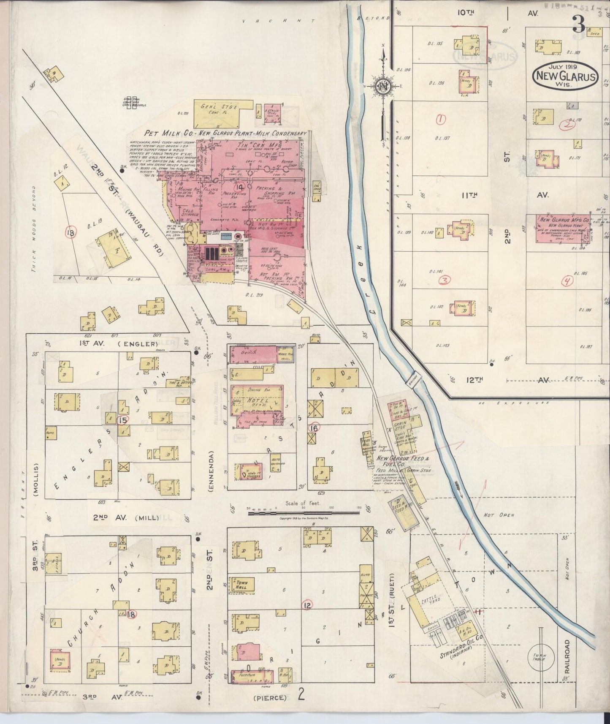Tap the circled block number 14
tap(240, 187)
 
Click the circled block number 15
tap(123, 420)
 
